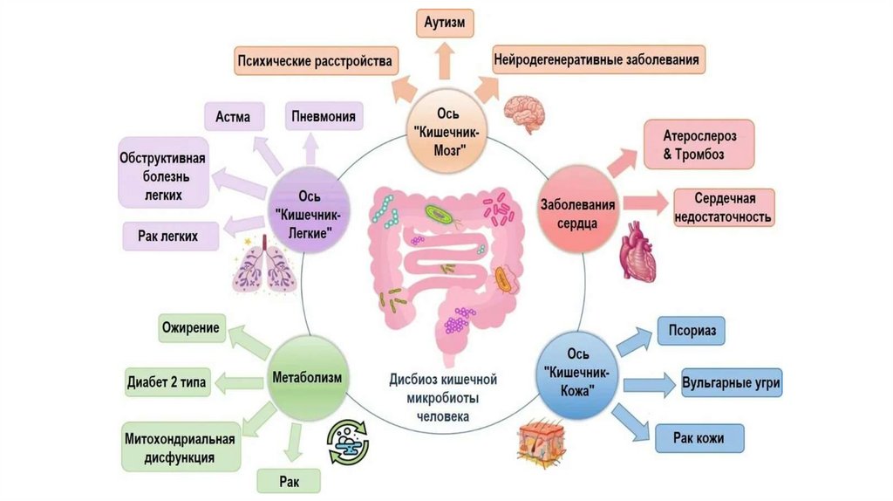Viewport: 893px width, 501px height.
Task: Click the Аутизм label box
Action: click(445, 21)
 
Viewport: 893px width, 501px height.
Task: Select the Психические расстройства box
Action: click(316, 61)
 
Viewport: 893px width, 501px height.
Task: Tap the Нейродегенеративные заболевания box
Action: click(598, 60)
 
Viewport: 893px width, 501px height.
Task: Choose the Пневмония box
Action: click(325, 116)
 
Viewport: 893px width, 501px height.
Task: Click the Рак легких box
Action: click(167, 236)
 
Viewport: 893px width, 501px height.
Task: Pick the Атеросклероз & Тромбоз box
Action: click(699, 146)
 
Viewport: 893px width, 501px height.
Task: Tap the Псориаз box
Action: click(692, 333)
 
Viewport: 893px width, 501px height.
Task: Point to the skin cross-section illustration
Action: click(542, 441)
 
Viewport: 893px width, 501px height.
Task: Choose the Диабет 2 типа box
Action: click(168, 381)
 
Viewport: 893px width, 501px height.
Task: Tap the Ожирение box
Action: click(191, 329)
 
